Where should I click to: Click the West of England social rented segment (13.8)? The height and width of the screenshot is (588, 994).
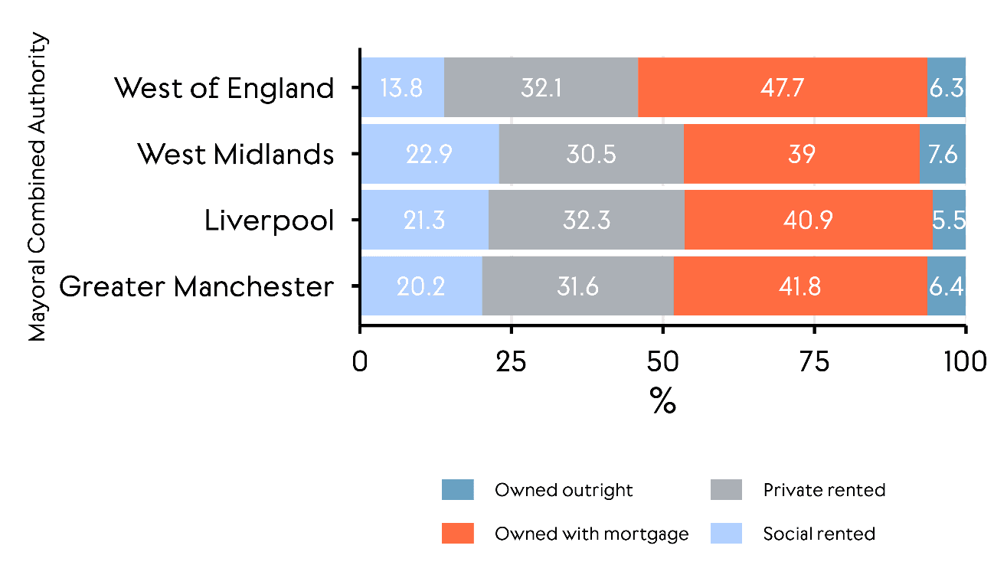pyautogui.click(x=402, y=88)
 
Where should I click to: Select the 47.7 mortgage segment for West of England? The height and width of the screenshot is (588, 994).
pyautogui.click(x=782, y=88)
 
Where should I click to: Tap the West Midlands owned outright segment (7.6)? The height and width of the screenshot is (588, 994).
pyautogui.click(x=943, y=155)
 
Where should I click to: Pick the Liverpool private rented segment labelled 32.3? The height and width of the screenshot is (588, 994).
pyautogui.click(x=586, y=220)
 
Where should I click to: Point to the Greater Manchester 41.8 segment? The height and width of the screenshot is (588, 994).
pyautogui.click(x=800, y=286)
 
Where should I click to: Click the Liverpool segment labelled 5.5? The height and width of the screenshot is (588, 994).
pyautogui.click(x=949, y=220)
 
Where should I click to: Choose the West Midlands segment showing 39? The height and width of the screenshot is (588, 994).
pyautogui.click(x=801, y=155)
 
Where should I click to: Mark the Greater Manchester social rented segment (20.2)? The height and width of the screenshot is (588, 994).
pyautogui.click(x=421, y=286)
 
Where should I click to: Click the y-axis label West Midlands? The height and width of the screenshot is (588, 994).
pyautogui.click(x=236, y=155)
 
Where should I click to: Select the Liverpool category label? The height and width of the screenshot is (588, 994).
pyautogui.click(x=269, y=221)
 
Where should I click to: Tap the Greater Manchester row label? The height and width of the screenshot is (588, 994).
pyautogui.click(x=197, y=287)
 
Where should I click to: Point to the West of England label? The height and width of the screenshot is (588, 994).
pyautogui.click(x=224, y=89)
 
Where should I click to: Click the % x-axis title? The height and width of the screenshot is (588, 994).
pyautogui.click(x=662, y=400)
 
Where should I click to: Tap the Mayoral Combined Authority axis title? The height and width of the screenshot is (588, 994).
pyautogui.click(x=38, y=188)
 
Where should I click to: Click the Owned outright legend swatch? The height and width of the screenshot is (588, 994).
pyautogui.click(x=458, y=490)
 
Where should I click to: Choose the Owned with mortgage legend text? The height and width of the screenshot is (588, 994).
pyautogui.click(x=591, y=534)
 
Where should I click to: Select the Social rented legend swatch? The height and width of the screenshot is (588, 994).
pyautogui.click(x=726, y=534)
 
